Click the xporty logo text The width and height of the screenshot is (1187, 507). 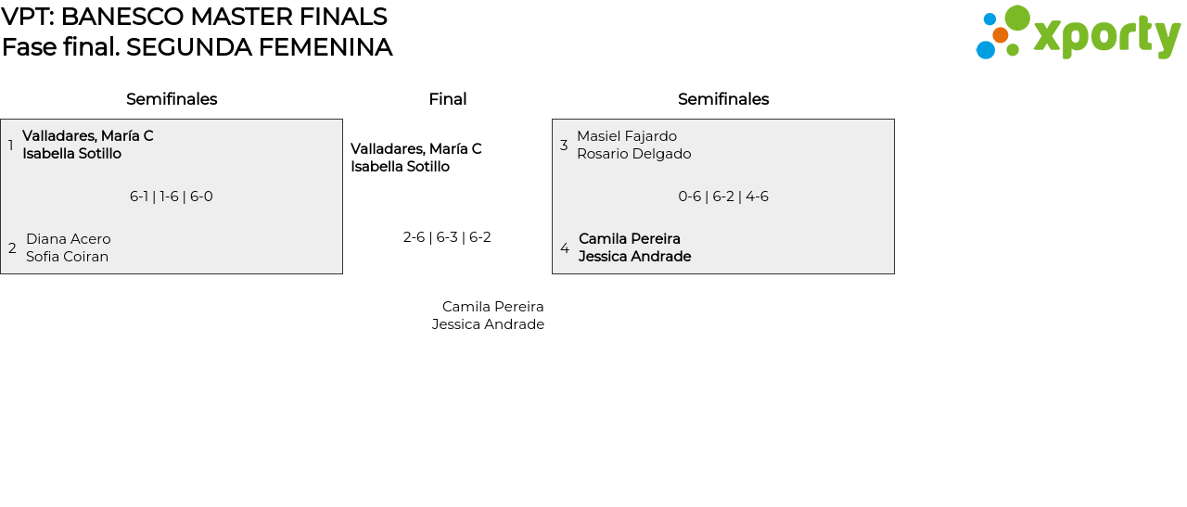click(x=1106, y=36)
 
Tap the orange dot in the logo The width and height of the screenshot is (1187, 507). click(x=1000, y=35)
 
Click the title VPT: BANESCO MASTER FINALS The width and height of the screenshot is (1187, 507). click(x=194, y=17)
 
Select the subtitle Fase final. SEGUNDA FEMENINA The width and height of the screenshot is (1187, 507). click(x=197, y=47)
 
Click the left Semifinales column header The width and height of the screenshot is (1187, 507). click(x=172, y=99)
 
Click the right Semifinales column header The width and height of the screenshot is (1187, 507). click(x=723, y=99)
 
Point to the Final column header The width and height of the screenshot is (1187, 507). click(x=447, y=99)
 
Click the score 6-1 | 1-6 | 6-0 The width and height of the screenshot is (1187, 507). click(x=172, y=196)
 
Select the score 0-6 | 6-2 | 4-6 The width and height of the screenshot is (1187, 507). click(x=723, y=196)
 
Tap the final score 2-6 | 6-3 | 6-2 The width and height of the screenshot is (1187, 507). click(x=447, y=237)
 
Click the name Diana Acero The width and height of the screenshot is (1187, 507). click(x=69, y=239)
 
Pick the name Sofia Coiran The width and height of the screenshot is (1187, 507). click(x=67, y=257)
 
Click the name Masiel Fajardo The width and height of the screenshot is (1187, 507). click(x=627, y=136)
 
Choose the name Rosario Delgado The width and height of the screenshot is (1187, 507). click(x=633, y=154)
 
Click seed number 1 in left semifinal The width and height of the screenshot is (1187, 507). click(x=11, y=146)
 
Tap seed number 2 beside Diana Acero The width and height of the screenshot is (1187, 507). click(x=12, y=248)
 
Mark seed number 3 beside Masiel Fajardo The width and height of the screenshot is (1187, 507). click(x=564, y=146)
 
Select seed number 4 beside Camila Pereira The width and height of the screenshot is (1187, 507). click(x=565, y=248)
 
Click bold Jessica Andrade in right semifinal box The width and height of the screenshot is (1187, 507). click(x=634, y=257)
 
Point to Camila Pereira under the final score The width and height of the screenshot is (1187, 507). click(x=492, y=307)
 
